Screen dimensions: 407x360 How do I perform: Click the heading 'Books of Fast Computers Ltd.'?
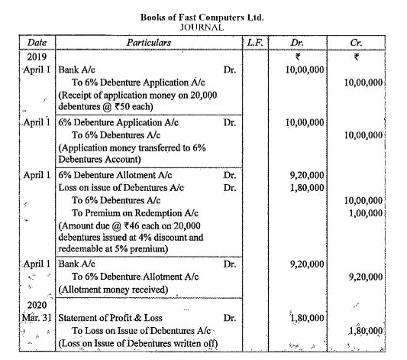coord(203,15)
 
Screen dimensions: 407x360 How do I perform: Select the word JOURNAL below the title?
coord(202,26)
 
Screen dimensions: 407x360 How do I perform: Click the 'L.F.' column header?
coord(255,44)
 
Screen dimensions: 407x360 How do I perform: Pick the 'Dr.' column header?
coord(302,44)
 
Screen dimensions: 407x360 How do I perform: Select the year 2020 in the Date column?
coord(37,303)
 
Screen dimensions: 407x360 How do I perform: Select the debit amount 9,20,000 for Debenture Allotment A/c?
coord(308,174)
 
